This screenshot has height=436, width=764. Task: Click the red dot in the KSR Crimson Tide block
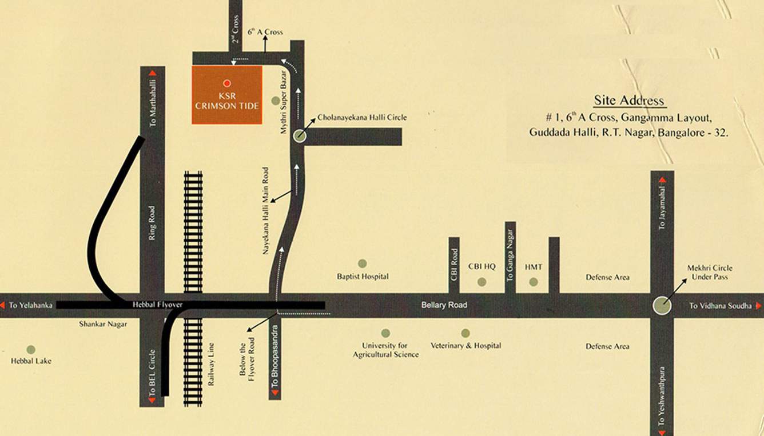[227, 83]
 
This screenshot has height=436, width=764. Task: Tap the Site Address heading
[629, 101]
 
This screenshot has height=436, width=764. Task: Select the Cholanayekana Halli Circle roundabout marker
[300, 136]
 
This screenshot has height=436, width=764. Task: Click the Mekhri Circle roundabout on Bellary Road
[662, 306]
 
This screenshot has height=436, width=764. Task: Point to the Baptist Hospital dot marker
[362, 263]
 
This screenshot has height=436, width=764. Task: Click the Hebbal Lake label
[31, 361]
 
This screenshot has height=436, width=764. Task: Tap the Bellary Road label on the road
[444, 305]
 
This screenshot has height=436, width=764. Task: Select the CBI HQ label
[482, 267]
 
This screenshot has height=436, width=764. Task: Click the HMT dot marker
[534, 282]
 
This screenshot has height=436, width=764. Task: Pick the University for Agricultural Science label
[385, 350]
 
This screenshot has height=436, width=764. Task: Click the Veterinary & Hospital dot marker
[465, 333]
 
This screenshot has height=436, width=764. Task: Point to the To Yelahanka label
[30, 306]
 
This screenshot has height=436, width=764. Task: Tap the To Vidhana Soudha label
[720, 306]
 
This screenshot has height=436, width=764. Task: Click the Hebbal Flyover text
[157, 305]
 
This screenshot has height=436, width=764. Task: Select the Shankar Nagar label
[103, 323]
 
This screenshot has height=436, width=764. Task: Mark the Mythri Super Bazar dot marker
[276, 101]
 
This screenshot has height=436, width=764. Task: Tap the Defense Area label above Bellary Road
[607, 277]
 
